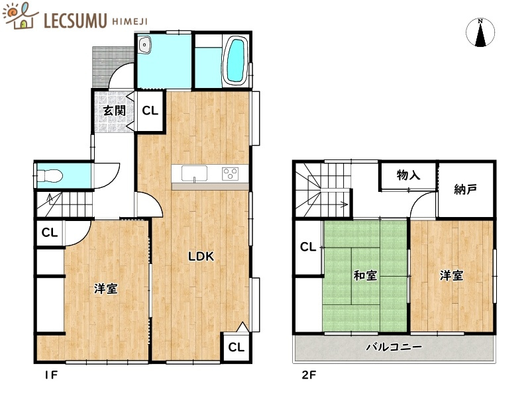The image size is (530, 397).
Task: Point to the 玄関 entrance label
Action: click(113, 110)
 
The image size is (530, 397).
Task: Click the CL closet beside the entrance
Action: click(150, 110)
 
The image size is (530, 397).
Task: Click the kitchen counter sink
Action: click(194, 173)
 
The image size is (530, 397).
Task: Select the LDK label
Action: click(200, 257)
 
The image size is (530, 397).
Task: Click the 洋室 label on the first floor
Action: click(106, 288)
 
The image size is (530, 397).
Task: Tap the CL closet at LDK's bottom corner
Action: click(236, 347)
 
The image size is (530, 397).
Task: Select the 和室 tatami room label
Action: click(365, 275)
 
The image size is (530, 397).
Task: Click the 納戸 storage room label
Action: click(466, 190)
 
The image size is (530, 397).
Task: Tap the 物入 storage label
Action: click(408, 175)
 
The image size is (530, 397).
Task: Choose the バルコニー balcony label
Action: click(394, 347)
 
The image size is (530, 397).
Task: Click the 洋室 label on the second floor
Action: click(451, 275)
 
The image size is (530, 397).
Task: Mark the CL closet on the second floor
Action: click(307, 247)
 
